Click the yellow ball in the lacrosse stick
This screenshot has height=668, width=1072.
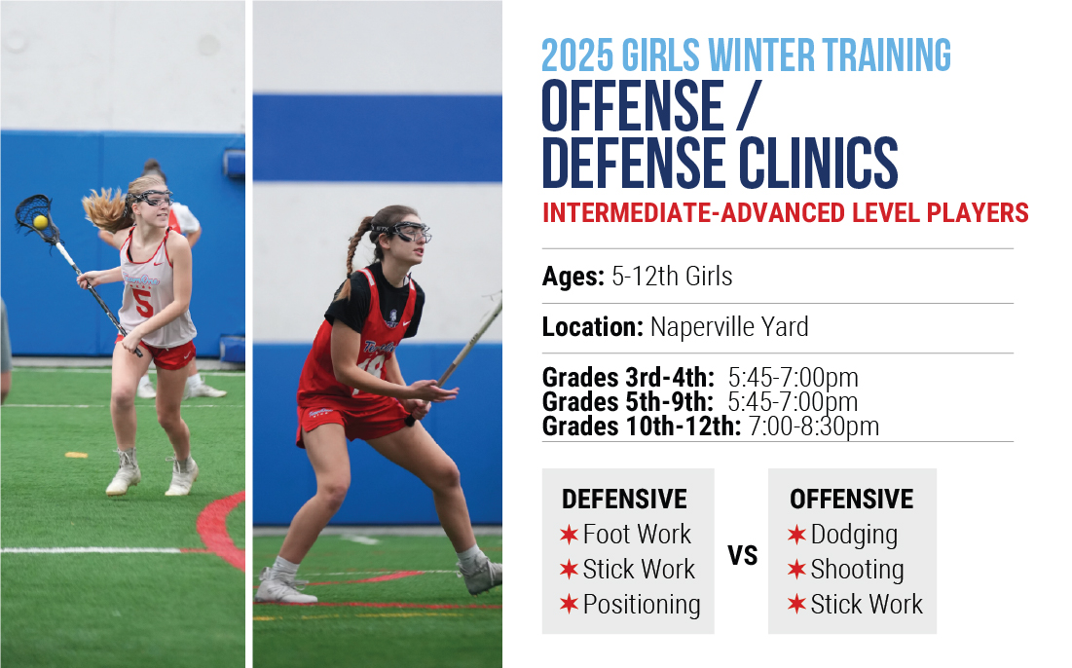[40, 221]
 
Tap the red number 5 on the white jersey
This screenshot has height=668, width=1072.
[143, 303]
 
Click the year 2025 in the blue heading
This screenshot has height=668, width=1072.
[577, 56]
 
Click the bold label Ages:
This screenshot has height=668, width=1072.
[573, 277]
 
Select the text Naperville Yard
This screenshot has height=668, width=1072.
[729, 327]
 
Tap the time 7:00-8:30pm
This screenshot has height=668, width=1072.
[814, 426]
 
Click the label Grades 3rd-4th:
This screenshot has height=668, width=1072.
[628, 377]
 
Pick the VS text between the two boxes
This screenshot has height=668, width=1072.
[743, 555]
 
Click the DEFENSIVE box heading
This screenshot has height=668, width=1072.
[624, 500]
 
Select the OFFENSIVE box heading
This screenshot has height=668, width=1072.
[851, 500]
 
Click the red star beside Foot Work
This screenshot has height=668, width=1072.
[569, 534]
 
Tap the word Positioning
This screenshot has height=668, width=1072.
[642, 605]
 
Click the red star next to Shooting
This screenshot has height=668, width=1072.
[796, 569]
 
